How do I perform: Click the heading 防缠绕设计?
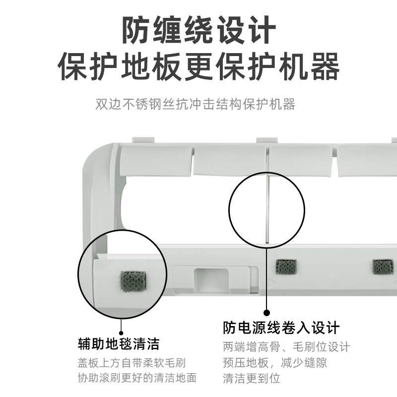(x=198, y=31)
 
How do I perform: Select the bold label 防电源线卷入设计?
(x=281, y=328)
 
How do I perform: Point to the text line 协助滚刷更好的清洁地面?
(x=137, y=378)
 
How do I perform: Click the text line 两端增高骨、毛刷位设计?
(x=286, y=346)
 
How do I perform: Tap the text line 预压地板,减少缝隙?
(x=274, y=362)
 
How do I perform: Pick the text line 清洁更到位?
(x=252, y=378)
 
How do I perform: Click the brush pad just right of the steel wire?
(x=286, y=267)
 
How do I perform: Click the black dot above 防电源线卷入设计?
(x=266, y=313)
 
